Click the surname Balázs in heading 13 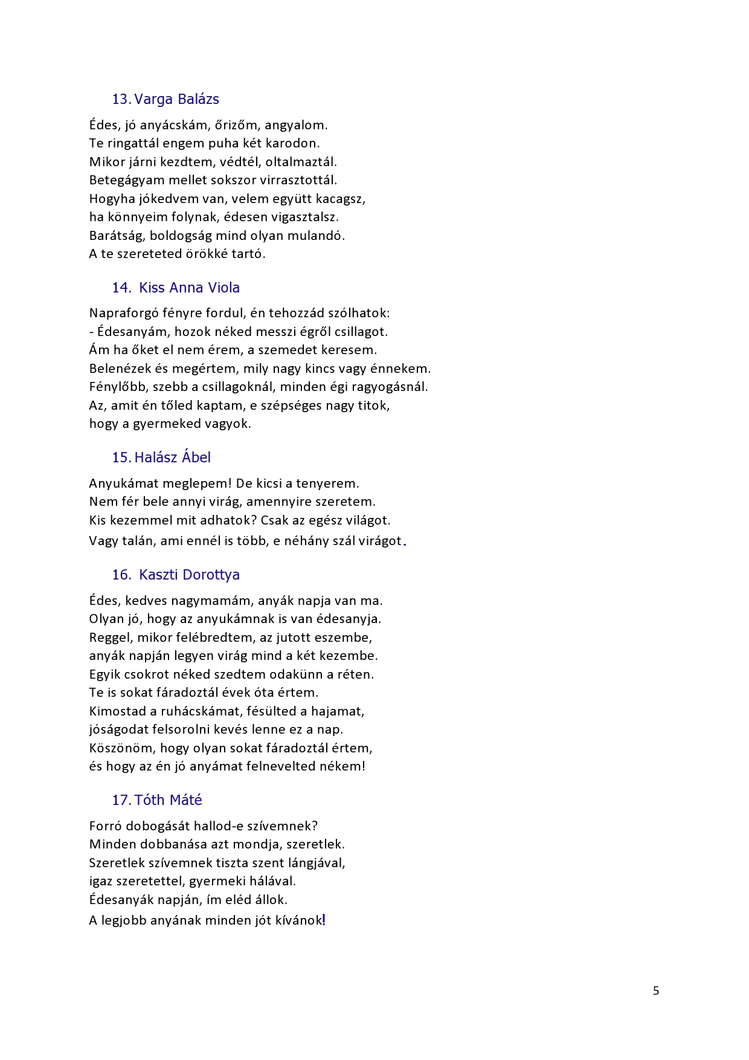pos(198,99)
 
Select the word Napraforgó pos(124,314)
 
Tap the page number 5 pos(656,991)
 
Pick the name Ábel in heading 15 pos(196,457)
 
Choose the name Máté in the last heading pos(185,800)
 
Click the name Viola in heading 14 pos(223,288)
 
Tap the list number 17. pos(121,800)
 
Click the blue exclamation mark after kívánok pos(324,920)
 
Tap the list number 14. pos(121,288)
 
